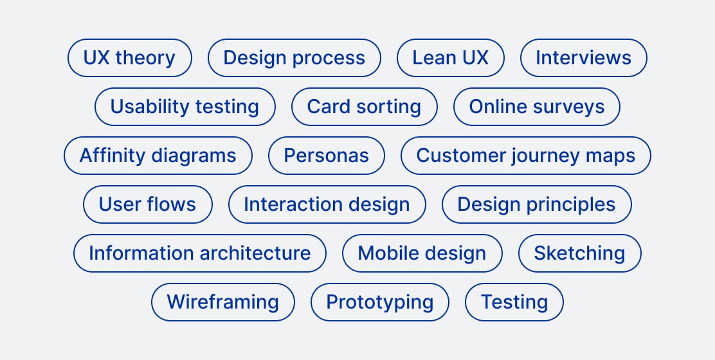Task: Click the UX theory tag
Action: [x=129, y=58]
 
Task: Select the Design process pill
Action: [x=294, y=58]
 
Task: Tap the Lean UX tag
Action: [x=450, y=58]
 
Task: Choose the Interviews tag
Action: [x=583, y=58]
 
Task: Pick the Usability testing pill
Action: [x=185, y=107]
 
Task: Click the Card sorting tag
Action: [x=364, y=107]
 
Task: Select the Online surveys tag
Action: [x=537, y=107]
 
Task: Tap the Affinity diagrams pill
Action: [x=158, y=156]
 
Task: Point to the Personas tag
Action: [x=326, y=156]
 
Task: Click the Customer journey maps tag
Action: [x=525, y=156]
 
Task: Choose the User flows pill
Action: [x=147, y=204]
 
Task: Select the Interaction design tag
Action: [x=327, y=204]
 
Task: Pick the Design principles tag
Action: [x=536, y=204]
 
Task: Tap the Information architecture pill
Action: [x=199, y=253]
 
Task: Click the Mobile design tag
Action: [x=422, y=253]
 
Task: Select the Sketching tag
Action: [x=579, y=253]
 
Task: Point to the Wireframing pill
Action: [x=222, y=302]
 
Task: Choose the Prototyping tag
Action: [x=379, y=302]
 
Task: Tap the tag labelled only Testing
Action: [x=514, y=302]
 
